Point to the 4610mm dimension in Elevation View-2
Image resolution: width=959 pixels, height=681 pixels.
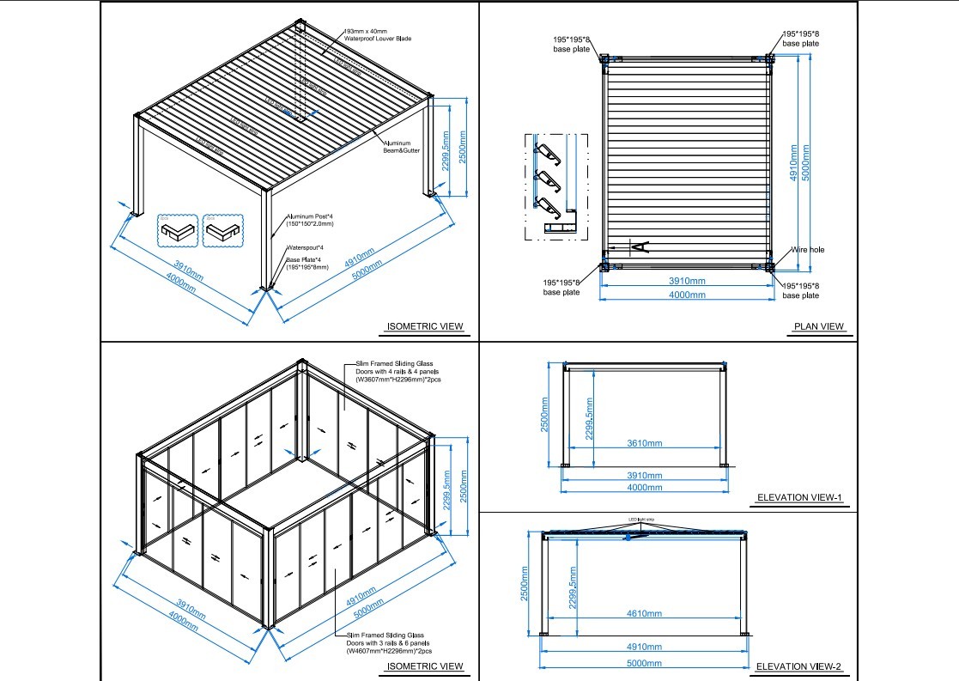tap(643, 613)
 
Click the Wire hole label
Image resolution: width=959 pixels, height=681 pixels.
tap(807, 250)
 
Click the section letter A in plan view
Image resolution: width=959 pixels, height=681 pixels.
tap(640, 247)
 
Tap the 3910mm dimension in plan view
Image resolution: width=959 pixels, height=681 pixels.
tap(687, 281)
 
